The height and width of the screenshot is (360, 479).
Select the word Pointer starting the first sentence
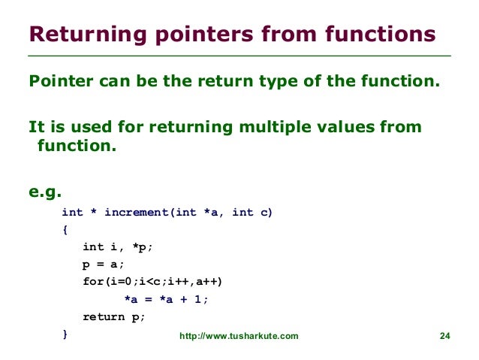(60, 80)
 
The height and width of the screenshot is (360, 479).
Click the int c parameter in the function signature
(252, 213)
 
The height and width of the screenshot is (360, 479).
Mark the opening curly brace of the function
(65, 230)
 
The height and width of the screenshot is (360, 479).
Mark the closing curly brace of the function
(65, 334)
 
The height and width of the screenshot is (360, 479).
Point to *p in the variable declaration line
(143, 247)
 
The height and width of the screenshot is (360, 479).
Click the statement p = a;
(102, 265)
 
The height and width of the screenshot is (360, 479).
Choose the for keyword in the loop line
(92, 282)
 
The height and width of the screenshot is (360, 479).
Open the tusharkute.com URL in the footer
(239, 336)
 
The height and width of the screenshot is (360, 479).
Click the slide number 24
(444, 336)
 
